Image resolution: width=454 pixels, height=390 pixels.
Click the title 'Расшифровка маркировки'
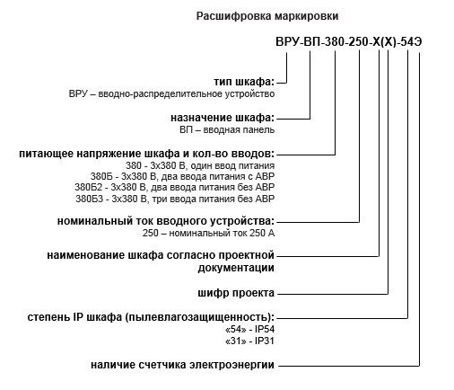tap(267, 16)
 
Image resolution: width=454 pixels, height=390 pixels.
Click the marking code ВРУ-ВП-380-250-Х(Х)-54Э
tap(349, 42)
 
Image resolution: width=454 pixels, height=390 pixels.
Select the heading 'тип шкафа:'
tap(244, 82)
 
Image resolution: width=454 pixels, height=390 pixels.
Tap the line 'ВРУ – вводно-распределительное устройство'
tap(171, 94)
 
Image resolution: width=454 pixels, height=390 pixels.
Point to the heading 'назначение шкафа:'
tap(223, 118)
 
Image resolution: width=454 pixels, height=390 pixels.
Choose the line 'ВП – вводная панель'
tap(227, 130)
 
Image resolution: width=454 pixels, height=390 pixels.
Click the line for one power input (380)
tap(200, 165)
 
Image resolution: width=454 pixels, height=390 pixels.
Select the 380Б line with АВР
tap(182, 176)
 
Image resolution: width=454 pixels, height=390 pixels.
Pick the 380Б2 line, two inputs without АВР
tap(175, 188)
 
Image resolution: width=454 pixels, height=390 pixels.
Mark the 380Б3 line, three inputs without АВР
tap(175, 199)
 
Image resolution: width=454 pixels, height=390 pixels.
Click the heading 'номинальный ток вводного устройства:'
tap(166, 221)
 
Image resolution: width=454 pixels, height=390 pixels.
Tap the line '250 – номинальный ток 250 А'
tap(208, 233)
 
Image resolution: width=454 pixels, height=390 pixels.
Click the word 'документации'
tap(236, 268)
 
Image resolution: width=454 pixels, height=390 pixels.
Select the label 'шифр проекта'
tap(236, 293)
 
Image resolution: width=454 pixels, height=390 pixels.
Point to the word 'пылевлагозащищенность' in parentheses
tap(196, 317)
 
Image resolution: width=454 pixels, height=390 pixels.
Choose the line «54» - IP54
tap(249, 330)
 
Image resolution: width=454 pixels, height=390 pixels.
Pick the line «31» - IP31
tap(249, 341)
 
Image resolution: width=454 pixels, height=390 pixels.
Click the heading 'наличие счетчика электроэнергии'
tap(182, 365)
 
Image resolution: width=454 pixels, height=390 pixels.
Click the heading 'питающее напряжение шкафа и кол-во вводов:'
tap(147, 154)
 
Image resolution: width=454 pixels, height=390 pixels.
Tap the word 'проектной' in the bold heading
tap(247, 255)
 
